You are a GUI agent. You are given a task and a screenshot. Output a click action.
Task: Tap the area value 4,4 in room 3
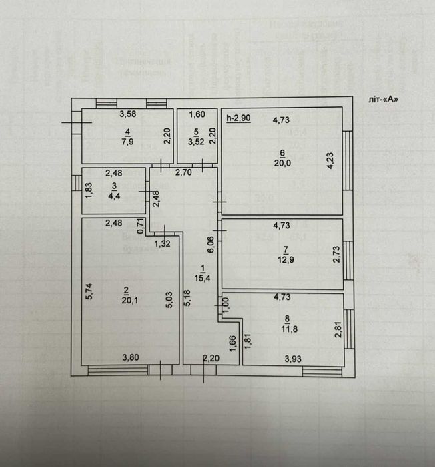click(x=115, y=196)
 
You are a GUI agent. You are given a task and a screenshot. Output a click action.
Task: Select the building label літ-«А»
click(x=385, y=99)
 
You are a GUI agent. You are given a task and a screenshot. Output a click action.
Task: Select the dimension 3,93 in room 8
click(x=294, y=359)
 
